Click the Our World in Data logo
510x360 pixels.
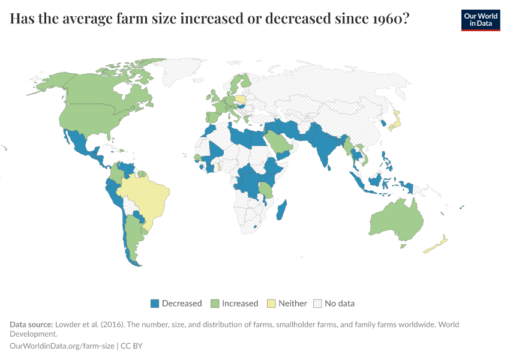(480, 20)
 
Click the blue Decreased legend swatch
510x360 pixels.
(154, 303)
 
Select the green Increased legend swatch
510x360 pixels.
(214, 303)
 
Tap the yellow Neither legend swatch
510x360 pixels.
(271, 303)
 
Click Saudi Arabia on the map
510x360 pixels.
(277, 142)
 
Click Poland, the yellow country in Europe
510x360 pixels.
(240, 100)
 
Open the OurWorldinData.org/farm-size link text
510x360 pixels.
(63, 346)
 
